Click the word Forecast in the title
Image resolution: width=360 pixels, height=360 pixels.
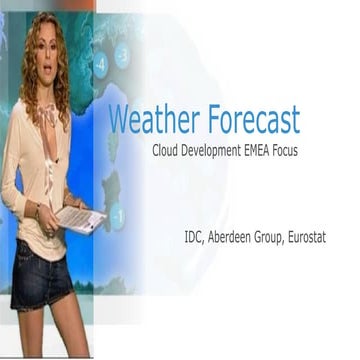[x=251, y=121]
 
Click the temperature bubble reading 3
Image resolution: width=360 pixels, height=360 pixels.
[x=121, y=55]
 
